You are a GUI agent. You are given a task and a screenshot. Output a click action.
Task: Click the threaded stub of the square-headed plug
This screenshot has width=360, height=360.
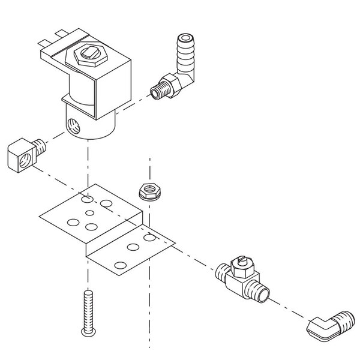(40, 146)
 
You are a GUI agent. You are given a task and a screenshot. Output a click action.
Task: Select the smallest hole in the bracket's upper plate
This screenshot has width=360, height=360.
(89, 212)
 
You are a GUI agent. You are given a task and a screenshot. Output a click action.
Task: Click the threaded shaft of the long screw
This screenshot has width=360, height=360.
(88, 307)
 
